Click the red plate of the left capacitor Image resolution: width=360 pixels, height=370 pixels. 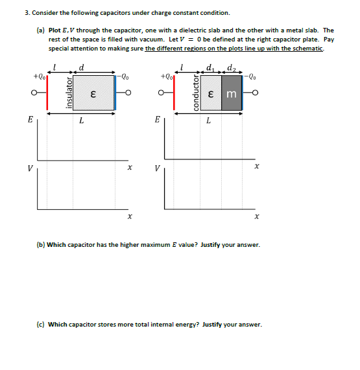(47, 93)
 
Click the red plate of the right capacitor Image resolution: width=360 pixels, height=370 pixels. (174, 93)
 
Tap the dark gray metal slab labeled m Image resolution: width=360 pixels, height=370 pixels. (232, 93)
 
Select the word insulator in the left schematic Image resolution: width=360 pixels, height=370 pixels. (69, 93)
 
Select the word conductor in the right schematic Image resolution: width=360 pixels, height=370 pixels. (196, 93)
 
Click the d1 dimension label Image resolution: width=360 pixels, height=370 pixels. (210, 68)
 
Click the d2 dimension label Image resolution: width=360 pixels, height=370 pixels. (232, 68)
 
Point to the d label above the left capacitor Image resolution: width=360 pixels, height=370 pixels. (81, 67)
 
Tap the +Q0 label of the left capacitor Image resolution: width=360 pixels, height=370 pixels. (39, 76)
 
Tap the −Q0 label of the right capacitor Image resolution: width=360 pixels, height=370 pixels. (250, 76)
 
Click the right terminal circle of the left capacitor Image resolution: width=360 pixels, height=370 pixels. (128, 93)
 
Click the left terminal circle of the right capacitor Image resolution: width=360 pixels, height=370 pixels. (161, 93)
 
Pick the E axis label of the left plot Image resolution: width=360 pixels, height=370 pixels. (30, 119)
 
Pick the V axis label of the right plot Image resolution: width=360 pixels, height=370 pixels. (158, 168)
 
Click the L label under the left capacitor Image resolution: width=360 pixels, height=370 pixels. (82, 121)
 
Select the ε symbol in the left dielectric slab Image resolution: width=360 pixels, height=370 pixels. (93, 95)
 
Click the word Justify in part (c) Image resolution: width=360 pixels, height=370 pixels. (212, 325)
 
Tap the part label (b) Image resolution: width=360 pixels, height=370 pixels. (41, 245)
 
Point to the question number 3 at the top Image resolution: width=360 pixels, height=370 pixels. (27, 13)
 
